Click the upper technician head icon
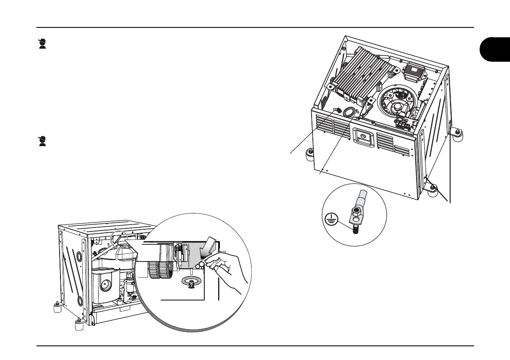[x=42, y=44]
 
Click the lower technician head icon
[x=42, y=141]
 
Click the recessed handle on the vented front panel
[x=362, y=136]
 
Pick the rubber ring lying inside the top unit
[x=349, y=112]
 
